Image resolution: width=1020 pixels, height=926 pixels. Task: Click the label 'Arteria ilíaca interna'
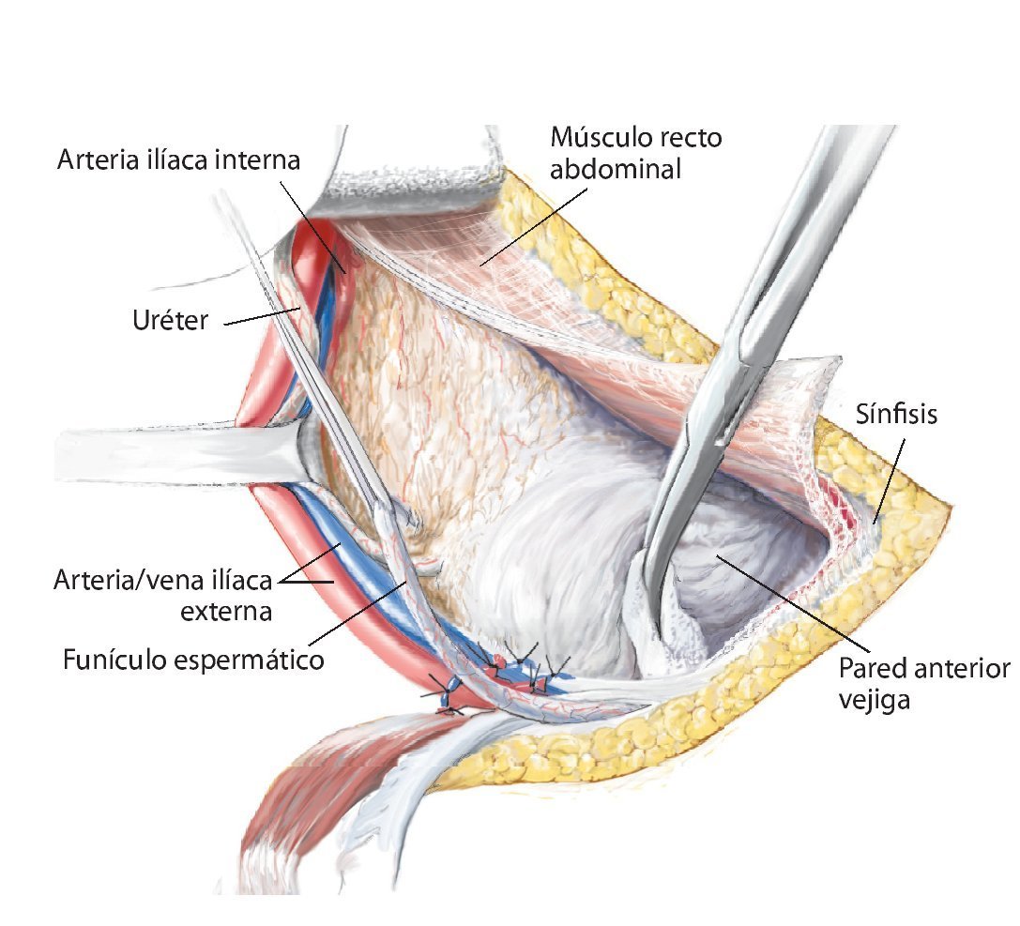point(178,160)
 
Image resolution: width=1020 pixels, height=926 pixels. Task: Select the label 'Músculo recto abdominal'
point(636,154)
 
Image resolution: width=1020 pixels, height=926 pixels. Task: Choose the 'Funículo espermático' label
point(193,660)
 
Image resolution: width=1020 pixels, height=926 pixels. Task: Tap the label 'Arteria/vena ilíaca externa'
point(165,596)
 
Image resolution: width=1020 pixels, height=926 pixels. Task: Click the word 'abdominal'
point(616,170)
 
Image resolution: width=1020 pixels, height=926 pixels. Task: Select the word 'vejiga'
point(875,700)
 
